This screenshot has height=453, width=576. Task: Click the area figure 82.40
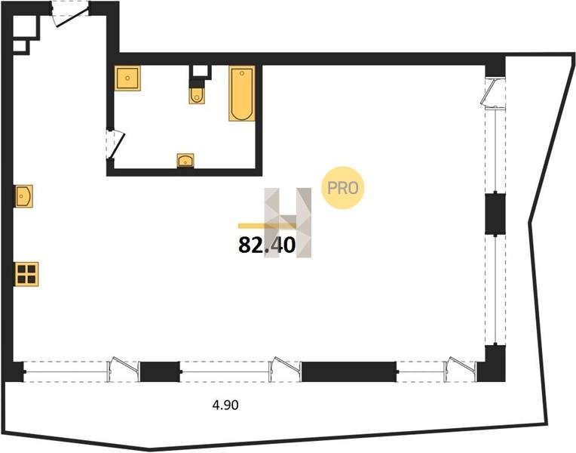[267, 245]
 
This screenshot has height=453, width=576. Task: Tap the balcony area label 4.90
[225, 405]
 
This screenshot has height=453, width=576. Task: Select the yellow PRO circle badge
[342, 188]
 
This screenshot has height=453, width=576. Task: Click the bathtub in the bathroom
[242, 94]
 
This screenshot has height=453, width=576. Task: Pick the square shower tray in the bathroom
[127, 78]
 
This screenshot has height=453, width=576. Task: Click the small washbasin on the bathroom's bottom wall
[185, 161]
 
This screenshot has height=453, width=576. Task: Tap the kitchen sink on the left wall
[23, 196]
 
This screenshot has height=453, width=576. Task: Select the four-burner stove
[26, 274]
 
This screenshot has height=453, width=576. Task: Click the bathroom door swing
[116, 144]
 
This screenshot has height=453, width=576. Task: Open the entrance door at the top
[70, 14]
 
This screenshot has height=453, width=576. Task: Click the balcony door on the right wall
[493, 94]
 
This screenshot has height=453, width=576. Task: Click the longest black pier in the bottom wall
[348, 371]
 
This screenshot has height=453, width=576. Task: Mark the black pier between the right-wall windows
[495, 214]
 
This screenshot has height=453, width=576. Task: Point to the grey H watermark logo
[288, 223]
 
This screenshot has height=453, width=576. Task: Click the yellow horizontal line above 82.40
[267, 226]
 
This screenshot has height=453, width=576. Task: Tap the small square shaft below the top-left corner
[20, 46]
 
